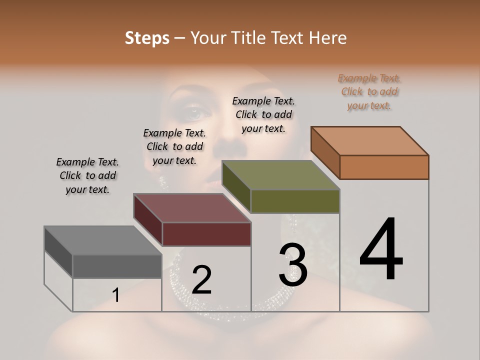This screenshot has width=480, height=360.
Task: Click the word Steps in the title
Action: [147, 38]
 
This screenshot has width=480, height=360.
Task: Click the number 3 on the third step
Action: [293, 265]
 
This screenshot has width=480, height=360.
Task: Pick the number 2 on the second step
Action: [201, 280]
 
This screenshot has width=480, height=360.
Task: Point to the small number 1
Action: [115, 295]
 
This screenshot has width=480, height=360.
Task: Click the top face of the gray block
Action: [102, 240]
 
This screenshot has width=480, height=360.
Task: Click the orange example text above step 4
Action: [369, 91]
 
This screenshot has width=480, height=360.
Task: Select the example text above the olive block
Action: [263, 114]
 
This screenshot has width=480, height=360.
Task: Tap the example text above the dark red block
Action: [174, 146]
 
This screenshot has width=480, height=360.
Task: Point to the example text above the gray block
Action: [87, 175]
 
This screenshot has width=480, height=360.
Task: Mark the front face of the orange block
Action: [384, 167]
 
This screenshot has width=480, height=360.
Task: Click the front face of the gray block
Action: [117, 266]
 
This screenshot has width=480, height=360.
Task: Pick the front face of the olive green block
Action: [295, 201]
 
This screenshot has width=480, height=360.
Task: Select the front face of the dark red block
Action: [206, 234]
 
